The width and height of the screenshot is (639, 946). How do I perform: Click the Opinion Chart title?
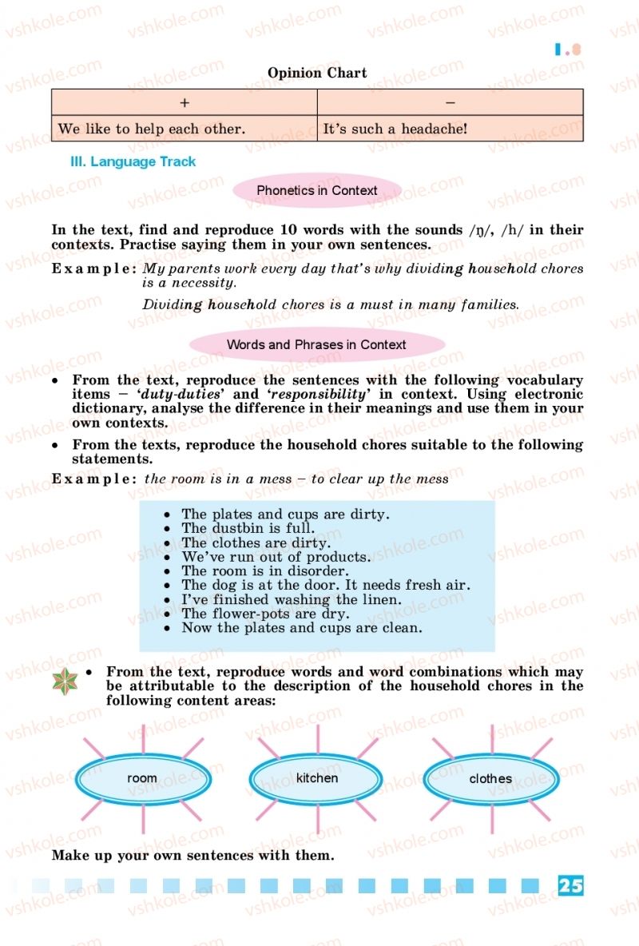[317, 73]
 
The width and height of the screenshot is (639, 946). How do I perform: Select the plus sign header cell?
[185, 102]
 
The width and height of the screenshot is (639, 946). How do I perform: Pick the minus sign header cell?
[450, 102]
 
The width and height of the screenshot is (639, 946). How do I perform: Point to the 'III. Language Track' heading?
[133, 161]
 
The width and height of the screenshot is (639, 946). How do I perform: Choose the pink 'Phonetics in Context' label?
[317, 190]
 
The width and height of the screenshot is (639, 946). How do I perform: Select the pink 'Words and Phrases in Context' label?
[316, 345]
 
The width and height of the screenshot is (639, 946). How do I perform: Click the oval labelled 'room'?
[142, 778]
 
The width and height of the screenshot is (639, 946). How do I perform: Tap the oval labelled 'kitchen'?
[317, 778]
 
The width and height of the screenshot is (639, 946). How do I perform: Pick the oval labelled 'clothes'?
[490, 778]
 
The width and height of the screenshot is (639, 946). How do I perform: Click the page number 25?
[570, 885]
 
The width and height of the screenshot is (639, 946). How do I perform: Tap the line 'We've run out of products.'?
[276, 557]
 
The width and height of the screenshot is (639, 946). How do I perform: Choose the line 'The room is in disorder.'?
[264, 571]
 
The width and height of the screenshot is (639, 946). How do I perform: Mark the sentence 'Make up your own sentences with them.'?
[192, 855]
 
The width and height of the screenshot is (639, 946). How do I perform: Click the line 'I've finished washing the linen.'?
[291, 599]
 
